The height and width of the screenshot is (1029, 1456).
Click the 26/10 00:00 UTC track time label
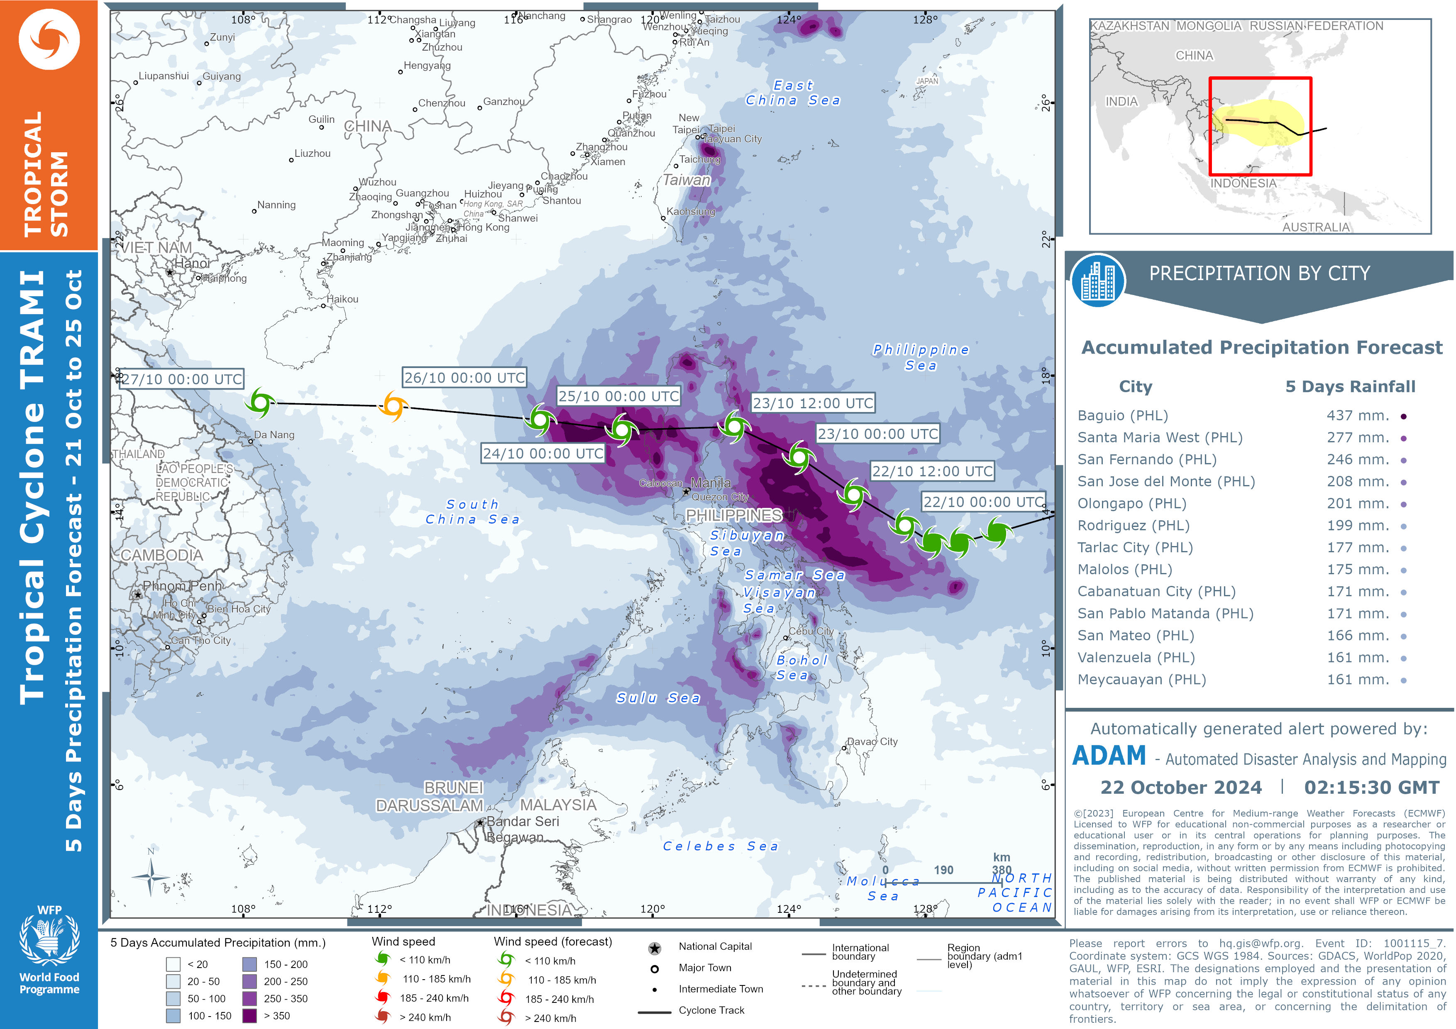tap(464, 378)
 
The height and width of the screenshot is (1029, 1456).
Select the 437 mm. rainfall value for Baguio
tap(1358, 416)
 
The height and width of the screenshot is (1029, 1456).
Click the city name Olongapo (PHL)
tap(1131, 503)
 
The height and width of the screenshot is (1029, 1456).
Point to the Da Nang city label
tap(274, 435)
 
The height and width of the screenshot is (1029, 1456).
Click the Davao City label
tap(872, 742)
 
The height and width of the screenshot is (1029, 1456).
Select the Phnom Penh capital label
tap(182, 586)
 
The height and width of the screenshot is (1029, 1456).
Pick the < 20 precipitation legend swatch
tap(173, 964)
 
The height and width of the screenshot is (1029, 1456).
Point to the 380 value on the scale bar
tap(1002, 870)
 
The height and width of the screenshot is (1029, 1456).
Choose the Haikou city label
tap(342, 299)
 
